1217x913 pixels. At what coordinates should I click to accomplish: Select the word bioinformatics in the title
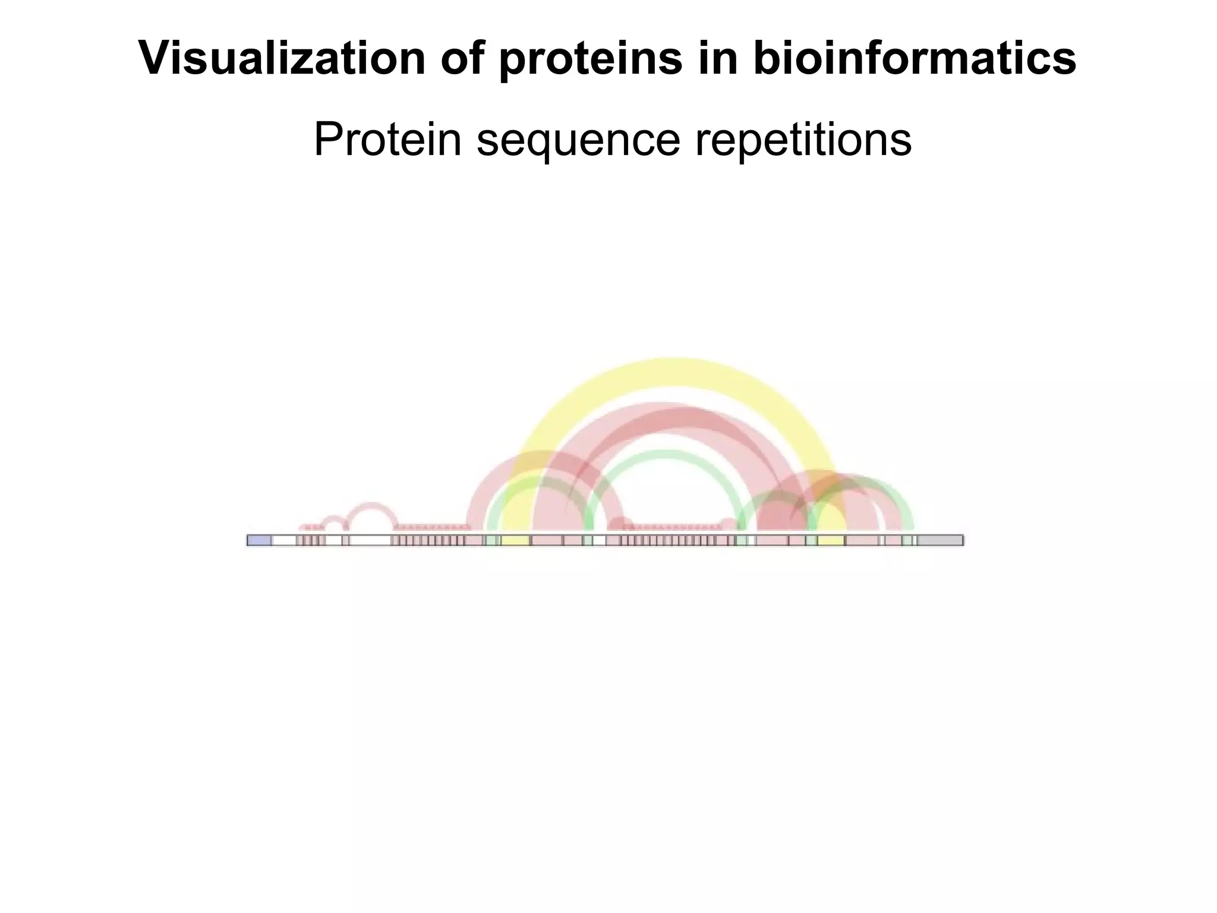click(x=915, y=58)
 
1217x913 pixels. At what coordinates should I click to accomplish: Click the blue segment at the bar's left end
click(x=260, y=540)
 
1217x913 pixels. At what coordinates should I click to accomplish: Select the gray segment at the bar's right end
click(x=939, y=540)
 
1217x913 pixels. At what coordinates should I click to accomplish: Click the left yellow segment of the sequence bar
click(x=515, y=540)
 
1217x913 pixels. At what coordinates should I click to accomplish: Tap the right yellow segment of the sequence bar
click(x=831, y=540)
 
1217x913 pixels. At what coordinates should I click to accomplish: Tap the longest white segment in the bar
click(x=370, y=540)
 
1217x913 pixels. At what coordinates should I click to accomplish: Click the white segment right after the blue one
click(x=284, y=540)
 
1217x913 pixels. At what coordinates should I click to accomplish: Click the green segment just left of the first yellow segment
click(x=491, y=540)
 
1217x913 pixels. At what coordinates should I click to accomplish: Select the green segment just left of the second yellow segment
click(x=811, y=540)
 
